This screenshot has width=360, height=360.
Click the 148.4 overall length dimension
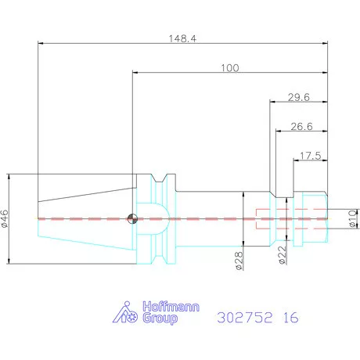coord(182,38)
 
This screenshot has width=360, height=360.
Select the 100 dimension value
coord(230,68)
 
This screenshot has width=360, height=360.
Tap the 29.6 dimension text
coord(299,97)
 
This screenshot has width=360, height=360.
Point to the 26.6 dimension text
coord(301,127)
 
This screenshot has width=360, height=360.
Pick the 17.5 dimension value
coord(311,156)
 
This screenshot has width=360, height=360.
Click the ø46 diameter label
coord(5,218)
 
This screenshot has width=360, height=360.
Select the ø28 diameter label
coord(239,261)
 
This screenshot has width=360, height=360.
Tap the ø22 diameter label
coord(283,255)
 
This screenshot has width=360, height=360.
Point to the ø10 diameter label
coord(352,218)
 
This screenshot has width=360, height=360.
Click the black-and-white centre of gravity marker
coord(132,218)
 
